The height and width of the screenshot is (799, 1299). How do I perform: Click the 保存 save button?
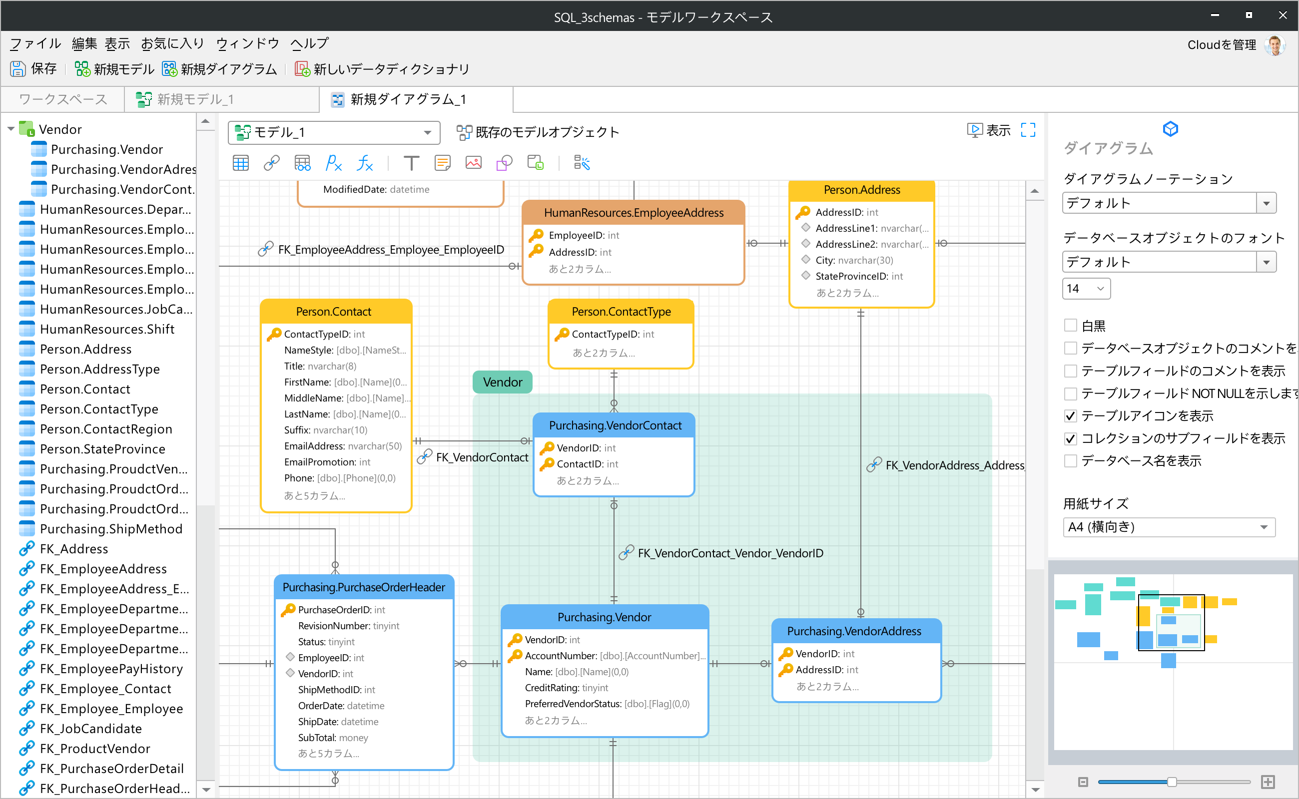tap(33, 69)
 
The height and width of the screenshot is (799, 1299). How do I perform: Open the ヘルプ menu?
tap(309, 43)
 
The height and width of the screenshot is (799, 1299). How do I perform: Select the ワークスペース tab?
tap(63, 99)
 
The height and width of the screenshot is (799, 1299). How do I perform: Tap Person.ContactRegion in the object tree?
tap(106, 429)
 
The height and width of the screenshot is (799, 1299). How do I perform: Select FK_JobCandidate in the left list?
tap(90, 729)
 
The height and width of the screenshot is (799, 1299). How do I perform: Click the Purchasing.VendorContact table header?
tap(615, 425)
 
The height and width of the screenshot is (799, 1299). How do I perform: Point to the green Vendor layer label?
tap(502, 382)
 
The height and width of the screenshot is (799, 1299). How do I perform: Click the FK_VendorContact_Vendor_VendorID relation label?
tap(729, 553)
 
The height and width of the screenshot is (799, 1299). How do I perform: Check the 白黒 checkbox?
tap(1070, 326)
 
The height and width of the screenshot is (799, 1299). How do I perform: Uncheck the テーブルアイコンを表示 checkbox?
tap(1070, 416)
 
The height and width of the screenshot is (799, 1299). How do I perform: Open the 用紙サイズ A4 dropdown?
tap(1169, 527)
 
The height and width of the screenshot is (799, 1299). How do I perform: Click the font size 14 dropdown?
tap(1086, 289)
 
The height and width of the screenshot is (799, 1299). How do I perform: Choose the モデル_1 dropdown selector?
tap(334, 132)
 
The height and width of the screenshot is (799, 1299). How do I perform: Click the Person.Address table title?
tap(861, 190)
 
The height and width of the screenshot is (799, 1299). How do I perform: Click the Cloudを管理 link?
tap(1221, 45)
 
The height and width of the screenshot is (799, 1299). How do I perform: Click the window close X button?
tap(1283, 15)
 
